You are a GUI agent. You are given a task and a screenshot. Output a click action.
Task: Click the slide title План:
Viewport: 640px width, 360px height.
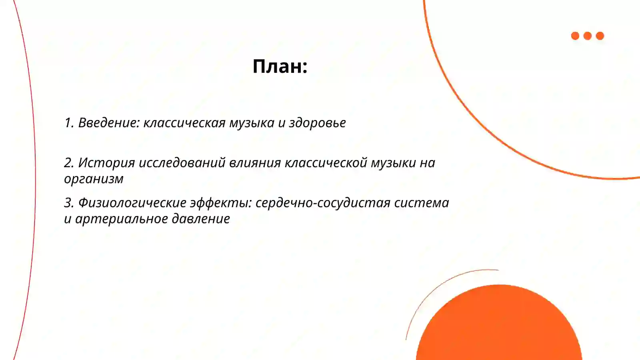[280, 66]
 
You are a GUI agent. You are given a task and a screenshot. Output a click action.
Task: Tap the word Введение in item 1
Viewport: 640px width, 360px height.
[108, 123]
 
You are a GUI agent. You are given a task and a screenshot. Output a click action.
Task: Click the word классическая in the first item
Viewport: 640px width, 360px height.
[184, 123]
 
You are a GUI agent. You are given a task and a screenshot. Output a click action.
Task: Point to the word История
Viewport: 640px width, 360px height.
[106, 163]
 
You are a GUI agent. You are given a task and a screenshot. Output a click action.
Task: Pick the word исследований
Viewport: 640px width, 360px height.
[182, 163]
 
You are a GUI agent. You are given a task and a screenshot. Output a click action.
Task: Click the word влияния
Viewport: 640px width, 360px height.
[255, 163]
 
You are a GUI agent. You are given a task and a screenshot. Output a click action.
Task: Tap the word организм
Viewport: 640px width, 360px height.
[94, 179]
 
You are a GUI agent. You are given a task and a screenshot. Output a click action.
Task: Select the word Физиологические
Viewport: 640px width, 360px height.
[132, 203]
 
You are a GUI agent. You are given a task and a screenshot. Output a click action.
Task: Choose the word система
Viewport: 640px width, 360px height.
[422, 203]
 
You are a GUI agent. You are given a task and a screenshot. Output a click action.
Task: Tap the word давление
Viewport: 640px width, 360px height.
[201, 219]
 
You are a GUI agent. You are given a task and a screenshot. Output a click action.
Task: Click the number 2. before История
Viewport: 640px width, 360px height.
[69, 163]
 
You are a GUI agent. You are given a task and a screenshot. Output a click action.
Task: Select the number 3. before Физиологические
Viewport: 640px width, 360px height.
[69, 203]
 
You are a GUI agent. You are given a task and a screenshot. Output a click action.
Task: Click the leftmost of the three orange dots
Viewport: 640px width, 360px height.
[575, 36]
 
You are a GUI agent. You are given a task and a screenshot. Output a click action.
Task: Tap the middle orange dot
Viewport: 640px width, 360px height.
[588, 36]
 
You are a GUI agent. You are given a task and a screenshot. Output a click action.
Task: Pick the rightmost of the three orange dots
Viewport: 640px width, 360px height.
[600, 36]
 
